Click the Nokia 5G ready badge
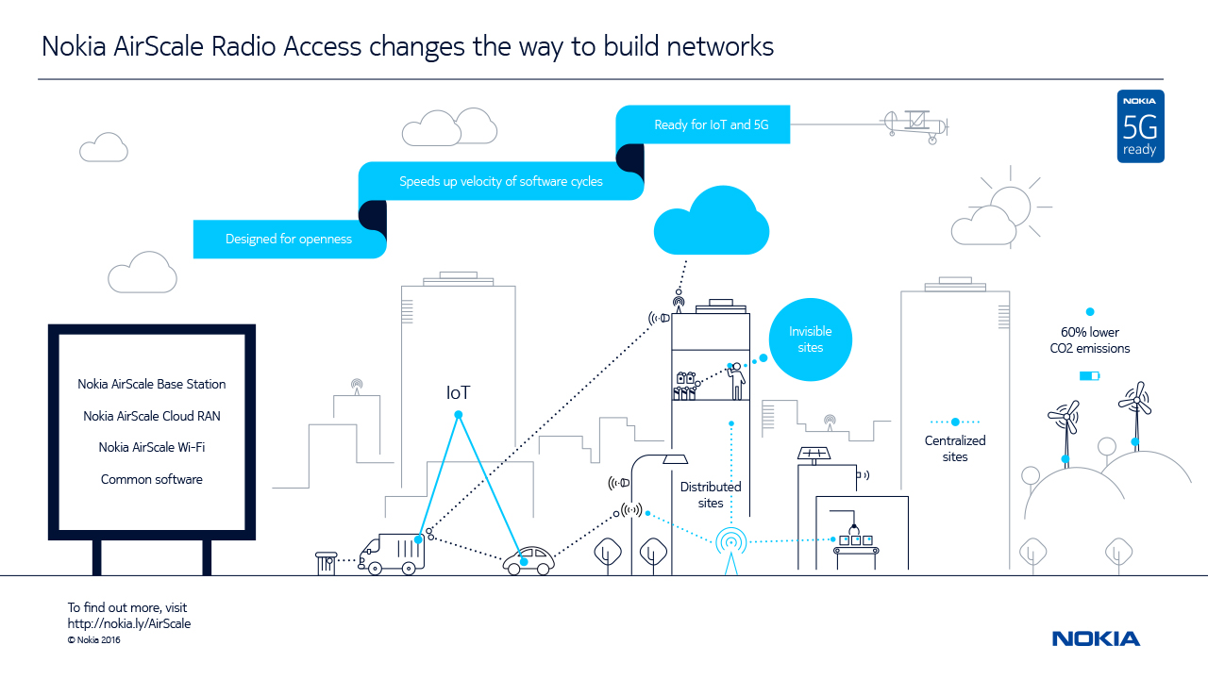pos(1140,126)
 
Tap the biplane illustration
pos(913,124)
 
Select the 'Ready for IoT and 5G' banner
pos(702,124)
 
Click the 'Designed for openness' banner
pos(289,240)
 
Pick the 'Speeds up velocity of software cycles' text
pos(500,181)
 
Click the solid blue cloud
pos(712,224)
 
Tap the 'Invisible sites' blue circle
pos(810,339)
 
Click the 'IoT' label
pos(458,393)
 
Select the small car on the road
pos(528,561)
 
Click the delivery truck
pos(391,553)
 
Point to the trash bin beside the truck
pos(327,563)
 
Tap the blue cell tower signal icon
pos(730,543)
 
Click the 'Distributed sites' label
pos(711,495)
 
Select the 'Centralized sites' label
pos(954,448)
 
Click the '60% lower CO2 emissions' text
pos(1090,340)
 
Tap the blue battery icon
pos(1089,376)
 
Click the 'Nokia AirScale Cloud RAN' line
pos(152,416)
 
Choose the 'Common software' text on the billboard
pos(152,479)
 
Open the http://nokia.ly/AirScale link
pos(129,623)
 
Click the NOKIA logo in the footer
pos(1096,638)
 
